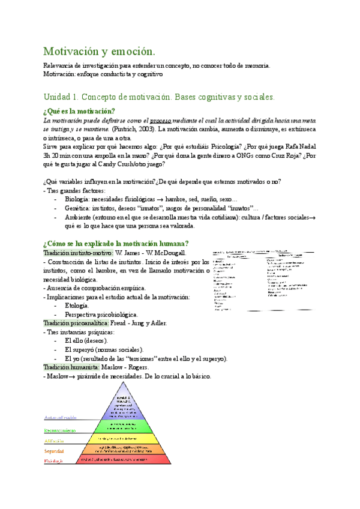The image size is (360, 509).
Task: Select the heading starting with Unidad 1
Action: [159, 96]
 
